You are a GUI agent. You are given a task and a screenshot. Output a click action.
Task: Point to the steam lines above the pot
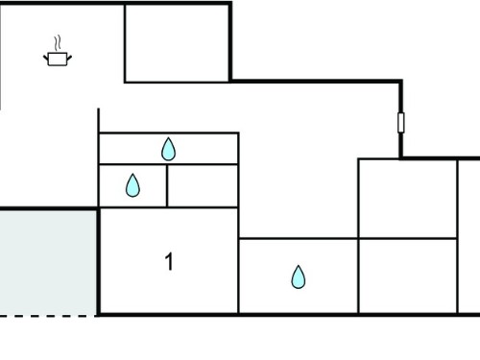pos(58,43)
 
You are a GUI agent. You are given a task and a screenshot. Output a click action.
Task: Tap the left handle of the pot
pos(46,58)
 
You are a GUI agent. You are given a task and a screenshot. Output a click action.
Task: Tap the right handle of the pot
pos(69,58)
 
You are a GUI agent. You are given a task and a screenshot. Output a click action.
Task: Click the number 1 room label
pos(169,261)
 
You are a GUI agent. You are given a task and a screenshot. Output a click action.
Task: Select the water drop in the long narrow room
pos(168,149)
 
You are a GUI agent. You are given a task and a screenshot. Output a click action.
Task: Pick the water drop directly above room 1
pos(132,185)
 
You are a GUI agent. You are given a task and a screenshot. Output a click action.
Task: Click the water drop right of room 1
pos(299,276)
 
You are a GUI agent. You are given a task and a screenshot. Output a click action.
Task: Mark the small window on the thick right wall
pos(401,123)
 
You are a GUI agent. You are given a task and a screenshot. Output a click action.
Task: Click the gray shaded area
pos(48,263)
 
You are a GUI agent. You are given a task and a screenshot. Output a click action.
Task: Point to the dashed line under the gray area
pos(48,316)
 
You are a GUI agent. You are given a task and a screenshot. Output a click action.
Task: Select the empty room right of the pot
pos(177,43)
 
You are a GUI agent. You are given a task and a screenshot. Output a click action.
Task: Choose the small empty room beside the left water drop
pos(203,186)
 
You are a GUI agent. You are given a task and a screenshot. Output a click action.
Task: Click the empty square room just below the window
pos(408,199)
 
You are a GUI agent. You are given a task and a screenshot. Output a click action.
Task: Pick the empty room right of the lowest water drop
pos(408,276)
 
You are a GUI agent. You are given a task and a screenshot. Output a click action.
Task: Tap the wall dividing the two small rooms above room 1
pos(167,186)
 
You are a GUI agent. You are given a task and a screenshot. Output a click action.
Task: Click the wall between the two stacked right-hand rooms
pos(408,238)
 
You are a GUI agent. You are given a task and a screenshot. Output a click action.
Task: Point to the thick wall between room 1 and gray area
pos(99,262)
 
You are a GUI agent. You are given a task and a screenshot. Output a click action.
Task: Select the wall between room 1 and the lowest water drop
pos(238,276)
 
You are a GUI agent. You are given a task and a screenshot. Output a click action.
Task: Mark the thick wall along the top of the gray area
pos(49,209)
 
